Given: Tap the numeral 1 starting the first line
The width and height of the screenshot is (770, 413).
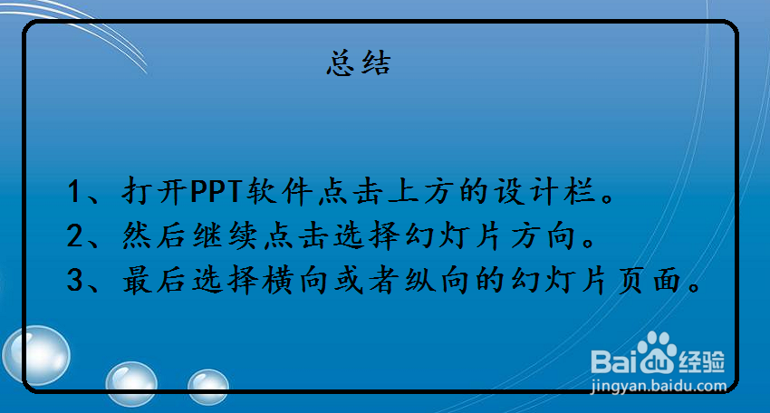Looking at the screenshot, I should click(x=76, y=192).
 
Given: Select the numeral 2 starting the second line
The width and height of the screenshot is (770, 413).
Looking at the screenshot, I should click(x=76, y=237).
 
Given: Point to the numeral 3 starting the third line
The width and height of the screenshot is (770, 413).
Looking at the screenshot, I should click(x=76, y=282).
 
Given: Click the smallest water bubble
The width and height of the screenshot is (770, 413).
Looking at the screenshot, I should click(x=207, y=386).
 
